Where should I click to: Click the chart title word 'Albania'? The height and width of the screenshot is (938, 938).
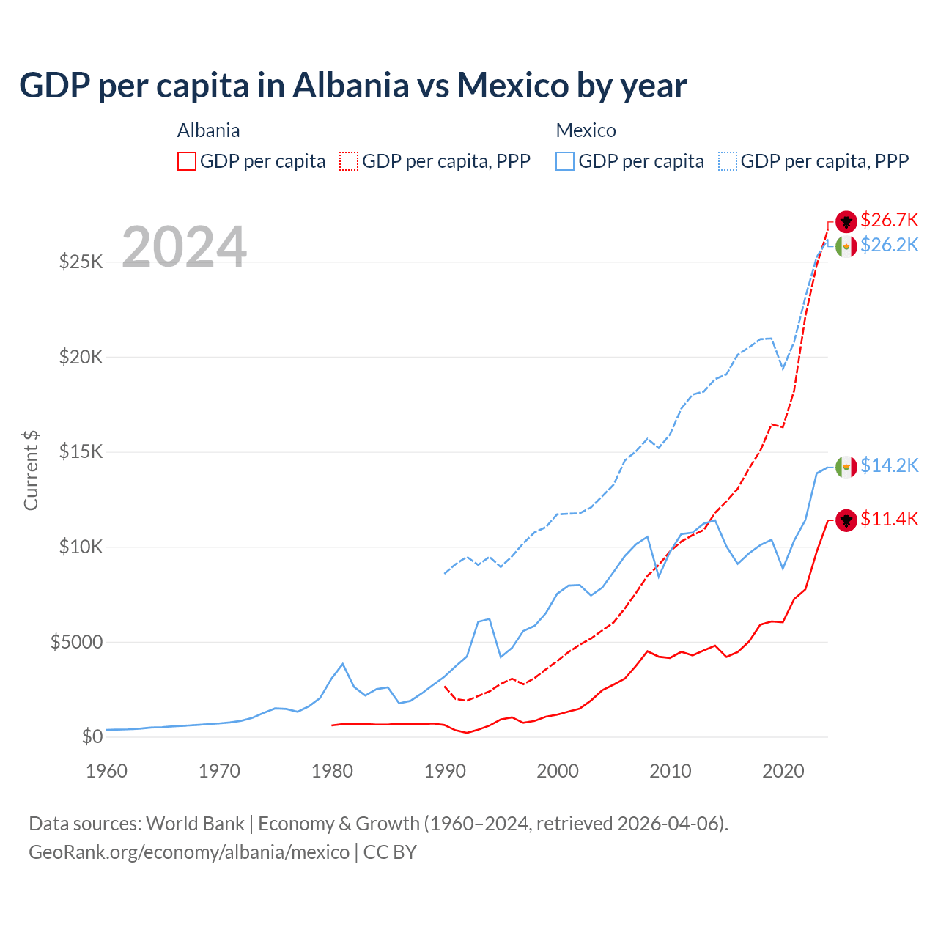click(350, 86)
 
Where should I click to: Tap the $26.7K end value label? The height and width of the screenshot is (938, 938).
click(889, 220)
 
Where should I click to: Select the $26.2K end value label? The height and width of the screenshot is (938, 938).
click(889, 245)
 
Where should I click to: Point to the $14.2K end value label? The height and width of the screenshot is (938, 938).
click(889, 465)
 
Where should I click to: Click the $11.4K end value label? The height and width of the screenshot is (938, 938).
click(889, 519)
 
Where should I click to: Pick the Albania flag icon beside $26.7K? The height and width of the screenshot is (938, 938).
click(846, 221)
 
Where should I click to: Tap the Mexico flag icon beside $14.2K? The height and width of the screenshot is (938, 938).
click(846, 466)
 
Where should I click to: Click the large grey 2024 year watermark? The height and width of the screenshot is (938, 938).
click(184, 247)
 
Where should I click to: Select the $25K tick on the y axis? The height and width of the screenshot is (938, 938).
click(81, 262)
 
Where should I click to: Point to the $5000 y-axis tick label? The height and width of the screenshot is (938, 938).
click(76, 642)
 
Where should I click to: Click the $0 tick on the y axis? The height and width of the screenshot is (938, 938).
click(92, 736)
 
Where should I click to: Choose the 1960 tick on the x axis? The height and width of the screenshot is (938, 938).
click(107, 771)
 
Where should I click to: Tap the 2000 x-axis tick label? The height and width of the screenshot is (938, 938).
click(558, 771)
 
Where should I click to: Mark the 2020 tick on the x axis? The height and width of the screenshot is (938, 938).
click(783, 771)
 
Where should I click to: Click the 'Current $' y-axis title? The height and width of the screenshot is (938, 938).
click(31, 470)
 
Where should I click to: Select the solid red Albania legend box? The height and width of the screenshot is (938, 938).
click(187, 161)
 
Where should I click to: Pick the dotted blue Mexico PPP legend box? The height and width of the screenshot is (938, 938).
click(728, 161)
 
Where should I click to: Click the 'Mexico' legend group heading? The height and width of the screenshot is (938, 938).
click(586, 130)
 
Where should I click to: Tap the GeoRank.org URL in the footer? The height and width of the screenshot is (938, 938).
click(189, 852)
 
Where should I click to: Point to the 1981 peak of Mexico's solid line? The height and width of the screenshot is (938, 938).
click(342, 664)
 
